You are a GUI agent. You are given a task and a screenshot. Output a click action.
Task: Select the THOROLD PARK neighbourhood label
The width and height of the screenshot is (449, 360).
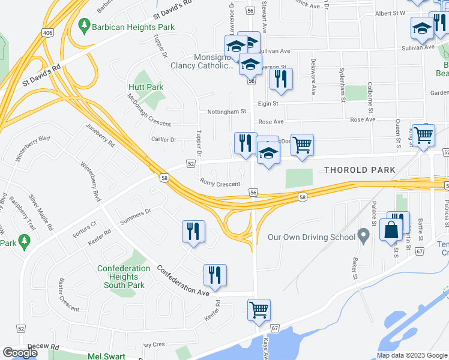(x=360, y=170)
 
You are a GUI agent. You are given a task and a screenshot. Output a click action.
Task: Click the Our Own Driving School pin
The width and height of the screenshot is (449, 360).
(x=363, y=235)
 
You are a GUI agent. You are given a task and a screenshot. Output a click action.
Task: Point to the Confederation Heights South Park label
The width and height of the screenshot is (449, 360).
(x=124, y=277)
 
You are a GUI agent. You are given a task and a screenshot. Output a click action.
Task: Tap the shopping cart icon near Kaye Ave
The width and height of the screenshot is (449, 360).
(x=259, y=310)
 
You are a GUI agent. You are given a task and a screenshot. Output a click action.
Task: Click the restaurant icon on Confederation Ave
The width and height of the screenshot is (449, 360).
(x=214, y=275)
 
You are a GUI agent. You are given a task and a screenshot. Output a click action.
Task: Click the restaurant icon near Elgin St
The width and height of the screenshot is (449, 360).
(x=280, y=79)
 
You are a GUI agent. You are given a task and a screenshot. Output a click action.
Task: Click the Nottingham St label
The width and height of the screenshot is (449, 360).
(x=226, y=111)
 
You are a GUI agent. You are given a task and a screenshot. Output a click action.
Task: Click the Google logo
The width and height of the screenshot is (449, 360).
(x=20, y=352)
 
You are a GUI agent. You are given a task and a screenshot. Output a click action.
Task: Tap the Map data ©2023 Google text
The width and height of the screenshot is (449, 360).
(x=411, y=355)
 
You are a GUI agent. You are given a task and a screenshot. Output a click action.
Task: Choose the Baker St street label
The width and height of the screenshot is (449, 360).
(x=355, y=268)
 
